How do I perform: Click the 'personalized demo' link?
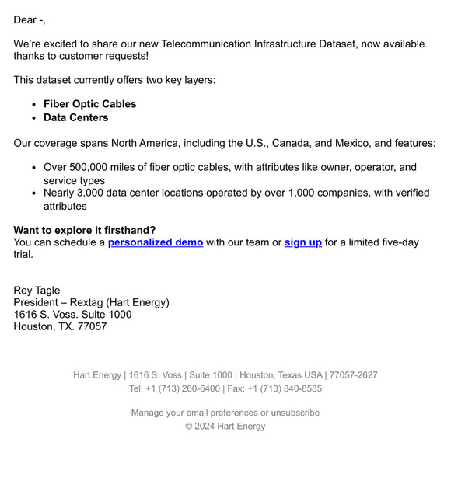(x=156, y=242)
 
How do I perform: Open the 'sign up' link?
(x=302, y=242)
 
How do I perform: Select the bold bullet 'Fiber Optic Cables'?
(x=89, y=104)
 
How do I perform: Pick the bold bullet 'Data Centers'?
(x=75, y=118)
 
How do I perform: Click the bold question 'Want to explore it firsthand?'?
(x=85, y=230)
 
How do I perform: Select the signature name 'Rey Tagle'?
(x=37, y=291)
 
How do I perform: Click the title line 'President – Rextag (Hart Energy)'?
(x=91, y=302)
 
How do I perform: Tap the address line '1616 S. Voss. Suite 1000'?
(x=72, y=315)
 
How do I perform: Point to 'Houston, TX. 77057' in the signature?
(x=60, y=326)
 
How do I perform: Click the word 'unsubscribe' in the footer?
(x=295, y=413)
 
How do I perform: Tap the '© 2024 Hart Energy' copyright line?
(x=226, y=426)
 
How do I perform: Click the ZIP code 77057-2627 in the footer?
(x=353, y=374)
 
